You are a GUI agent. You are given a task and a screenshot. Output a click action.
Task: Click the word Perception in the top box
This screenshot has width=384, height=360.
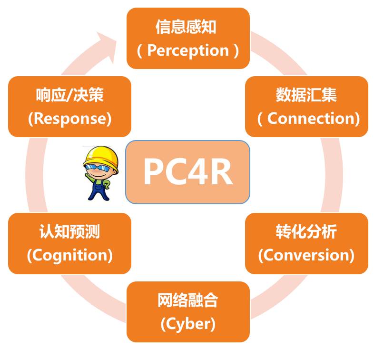pos(188,50)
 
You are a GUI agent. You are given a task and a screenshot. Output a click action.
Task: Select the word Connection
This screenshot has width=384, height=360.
pos(313,119)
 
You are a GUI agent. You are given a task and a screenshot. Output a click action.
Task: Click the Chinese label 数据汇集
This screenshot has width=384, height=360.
pos(306,95)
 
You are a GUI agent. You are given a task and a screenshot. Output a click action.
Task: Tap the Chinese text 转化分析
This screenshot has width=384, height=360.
pos(306,232)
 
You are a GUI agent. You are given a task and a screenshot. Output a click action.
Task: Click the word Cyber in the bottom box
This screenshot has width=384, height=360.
pos(188,324)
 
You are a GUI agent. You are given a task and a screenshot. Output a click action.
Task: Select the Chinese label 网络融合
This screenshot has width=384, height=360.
pos(188,301)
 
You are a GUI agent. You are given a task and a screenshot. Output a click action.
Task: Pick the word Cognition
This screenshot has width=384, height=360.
pos(69,255)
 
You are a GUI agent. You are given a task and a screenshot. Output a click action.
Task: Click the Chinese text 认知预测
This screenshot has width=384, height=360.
pos(69,232)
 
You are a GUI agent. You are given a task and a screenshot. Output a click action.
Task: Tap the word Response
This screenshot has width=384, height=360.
pos(69,119)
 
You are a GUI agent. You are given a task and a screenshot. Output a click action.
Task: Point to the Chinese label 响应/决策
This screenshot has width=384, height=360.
pos(69,95)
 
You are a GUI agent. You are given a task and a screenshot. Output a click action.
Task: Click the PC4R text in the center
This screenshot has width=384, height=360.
pos(187,172)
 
